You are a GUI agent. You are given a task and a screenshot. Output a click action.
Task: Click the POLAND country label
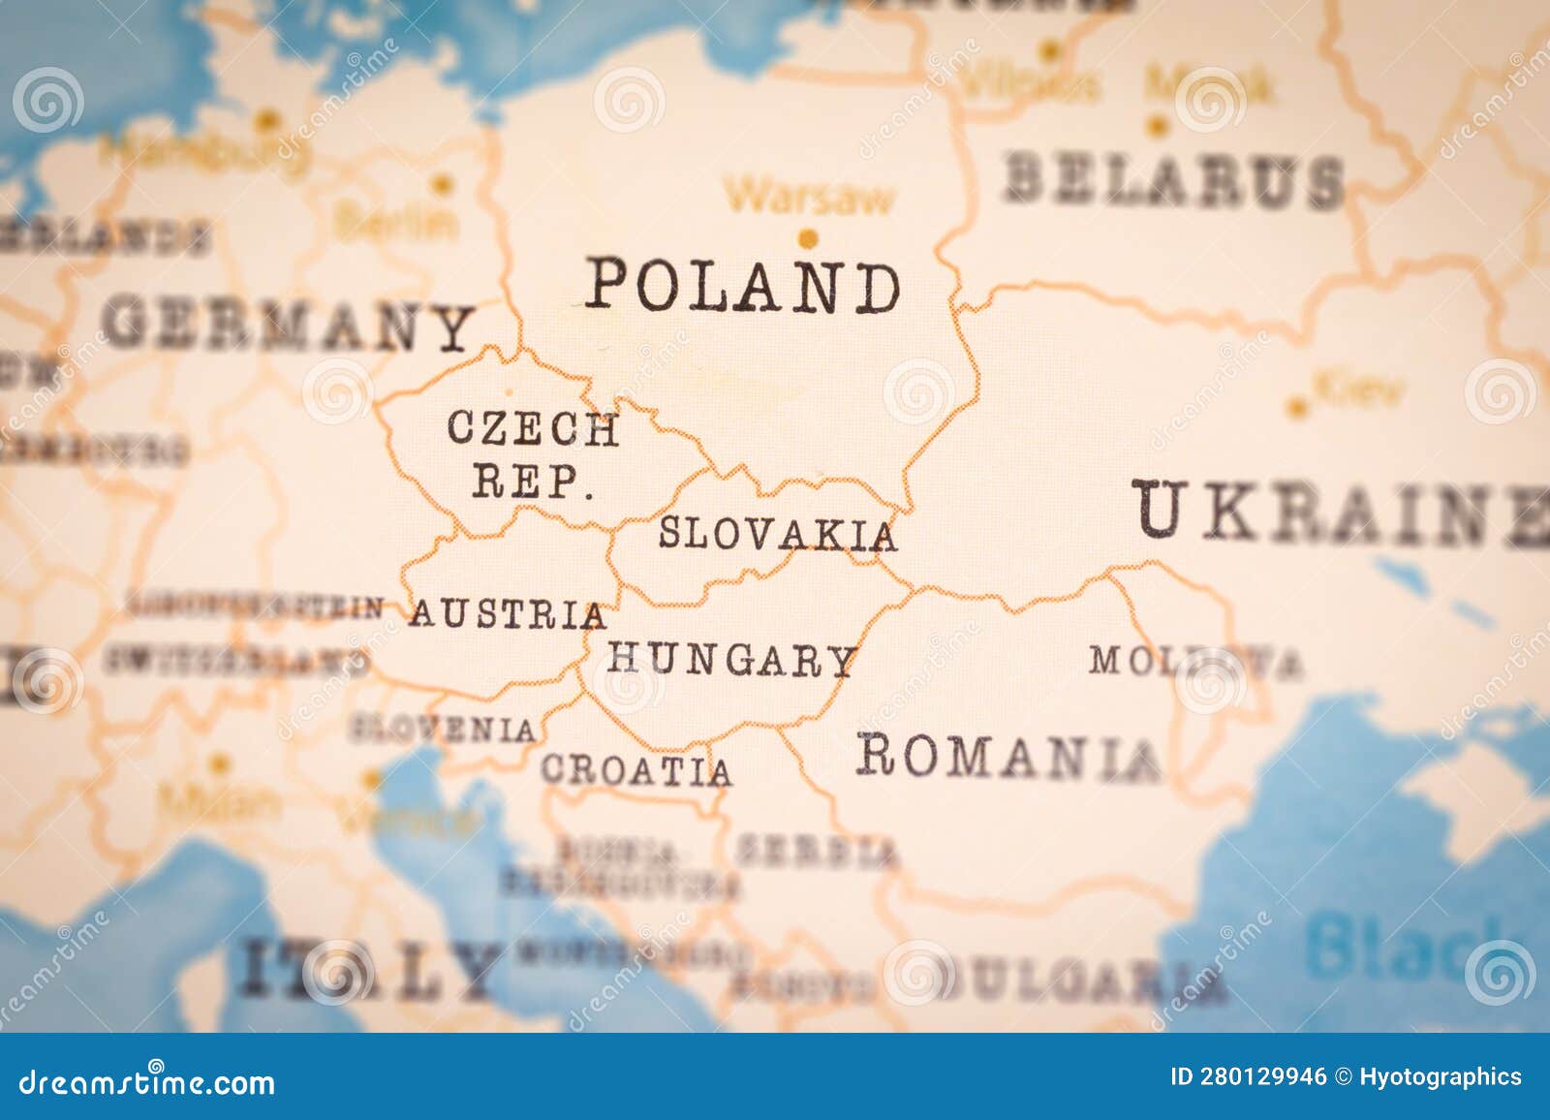(x=743, y=287)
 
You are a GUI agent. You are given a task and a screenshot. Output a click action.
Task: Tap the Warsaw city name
(x=810, y=198)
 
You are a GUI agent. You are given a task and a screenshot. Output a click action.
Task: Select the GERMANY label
(x=289, y=326)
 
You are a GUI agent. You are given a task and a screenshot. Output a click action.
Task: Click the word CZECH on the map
(x=532, y=428)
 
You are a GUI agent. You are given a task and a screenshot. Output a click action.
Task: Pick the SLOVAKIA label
(x=777, y=534)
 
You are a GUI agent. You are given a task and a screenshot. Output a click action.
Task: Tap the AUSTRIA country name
(x=508, y=614)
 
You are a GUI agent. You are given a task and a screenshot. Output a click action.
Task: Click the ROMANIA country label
(x=1007, y=756)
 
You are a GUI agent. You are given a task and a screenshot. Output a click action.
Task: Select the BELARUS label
(x=1173, y=180)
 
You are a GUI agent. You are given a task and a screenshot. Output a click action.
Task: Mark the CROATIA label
(x=635, y=770)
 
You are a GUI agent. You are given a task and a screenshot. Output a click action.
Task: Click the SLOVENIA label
(x=443, y=729)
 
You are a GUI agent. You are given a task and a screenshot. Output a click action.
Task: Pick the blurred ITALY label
(x=367, y=969)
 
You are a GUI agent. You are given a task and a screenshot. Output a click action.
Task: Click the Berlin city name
(x=396, y=222)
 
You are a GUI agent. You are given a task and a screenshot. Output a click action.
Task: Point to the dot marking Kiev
(x=1296, y=408)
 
